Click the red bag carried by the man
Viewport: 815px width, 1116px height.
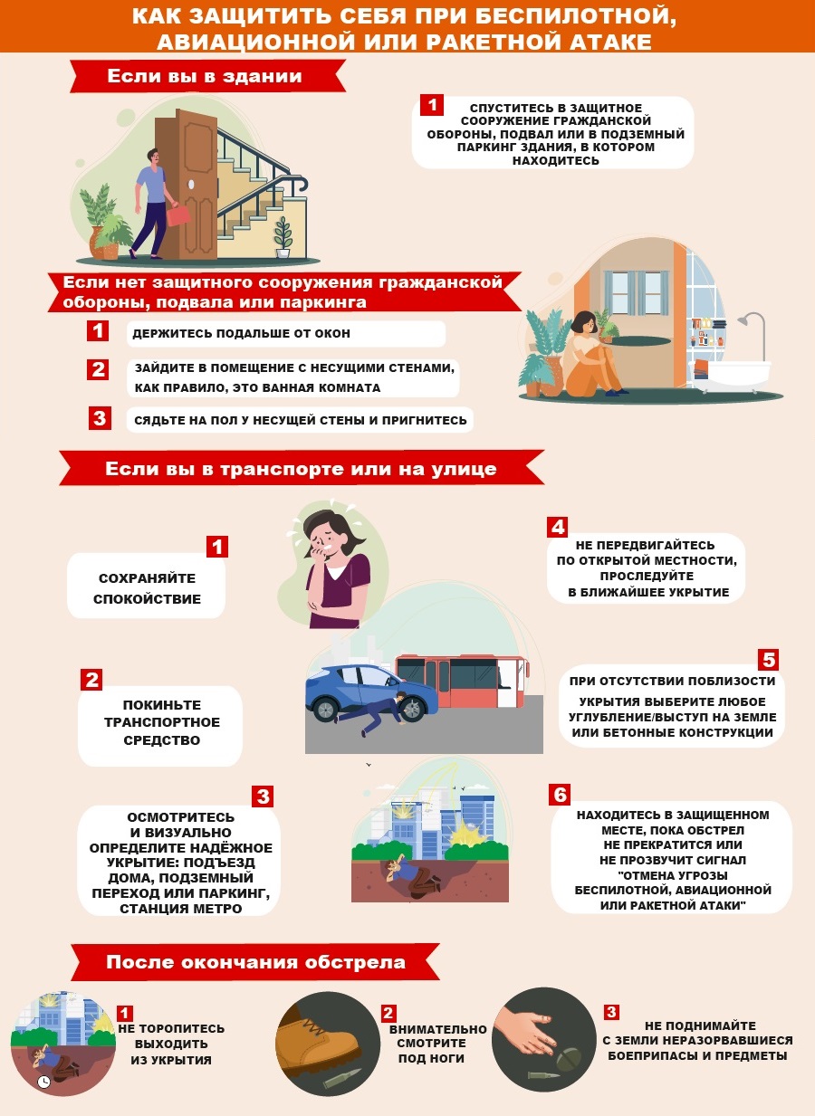point(178,215)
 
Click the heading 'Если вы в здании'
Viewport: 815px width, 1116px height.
point(205,76)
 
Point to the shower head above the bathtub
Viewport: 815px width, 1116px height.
point(743,320)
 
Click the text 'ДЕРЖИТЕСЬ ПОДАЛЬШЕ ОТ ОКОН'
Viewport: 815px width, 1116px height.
point(241,333)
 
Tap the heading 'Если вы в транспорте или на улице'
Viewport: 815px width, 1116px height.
point(301,469)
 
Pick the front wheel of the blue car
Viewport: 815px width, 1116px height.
point(412,708)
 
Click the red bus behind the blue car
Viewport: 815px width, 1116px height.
point(461,681)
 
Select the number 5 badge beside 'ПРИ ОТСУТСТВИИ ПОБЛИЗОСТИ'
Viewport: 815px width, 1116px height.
point(768,660)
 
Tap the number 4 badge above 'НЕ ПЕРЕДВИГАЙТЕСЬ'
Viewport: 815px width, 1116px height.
point(557,527)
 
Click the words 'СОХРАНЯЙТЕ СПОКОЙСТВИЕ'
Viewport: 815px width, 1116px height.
point(147,588)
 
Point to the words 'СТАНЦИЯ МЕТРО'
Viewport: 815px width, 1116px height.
point(181,908)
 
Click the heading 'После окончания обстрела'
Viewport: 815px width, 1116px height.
point(255,962)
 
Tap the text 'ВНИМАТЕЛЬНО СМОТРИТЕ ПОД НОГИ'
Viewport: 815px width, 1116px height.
point(437,1044)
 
